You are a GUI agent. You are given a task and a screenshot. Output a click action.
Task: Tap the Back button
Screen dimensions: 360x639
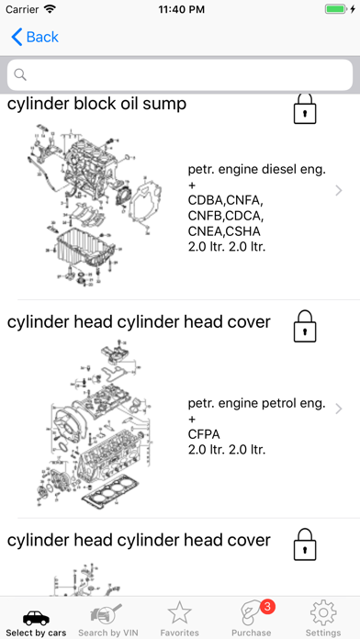[x=35, y=37]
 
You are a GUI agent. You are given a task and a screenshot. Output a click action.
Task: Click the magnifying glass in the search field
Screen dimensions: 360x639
[x=20, y=74]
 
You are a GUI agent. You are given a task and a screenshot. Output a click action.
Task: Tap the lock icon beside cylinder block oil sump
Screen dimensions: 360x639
[x=305, y=109]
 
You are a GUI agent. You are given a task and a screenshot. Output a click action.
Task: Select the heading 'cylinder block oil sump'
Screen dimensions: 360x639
[x=97, y=104]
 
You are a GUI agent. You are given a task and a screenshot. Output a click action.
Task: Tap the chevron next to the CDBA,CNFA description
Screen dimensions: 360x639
[x=338, y=190]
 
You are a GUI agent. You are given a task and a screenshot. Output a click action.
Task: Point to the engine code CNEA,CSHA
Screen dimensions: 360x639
[x=224, y=231]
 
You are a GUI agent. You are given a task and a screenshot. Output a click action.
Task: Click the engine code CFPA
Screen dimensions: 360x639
[x=204, y=434]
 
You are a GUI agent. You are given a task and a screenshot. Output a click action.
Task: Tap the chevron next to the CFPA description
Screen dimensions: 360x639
[x=338, y=409]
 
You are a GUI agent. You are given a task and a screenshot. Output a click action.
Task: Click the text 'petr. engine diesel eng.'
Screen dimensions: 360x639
[x=257, y=170]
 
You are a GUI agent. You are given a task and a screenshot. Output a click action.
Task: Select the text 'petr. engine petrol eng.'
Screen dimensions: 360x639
[x=257, y=403]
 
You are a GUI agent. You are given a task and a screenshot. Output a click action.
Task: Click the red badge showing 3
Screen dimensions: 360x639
[x=267, y=607]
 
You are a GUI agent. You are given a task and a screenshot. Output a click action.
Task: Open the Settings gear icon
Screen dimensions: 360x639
[x=323, y=613]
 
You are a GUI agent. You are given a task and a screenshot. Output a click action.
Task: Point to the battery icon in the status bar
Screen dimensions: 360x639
[x=336, y=9]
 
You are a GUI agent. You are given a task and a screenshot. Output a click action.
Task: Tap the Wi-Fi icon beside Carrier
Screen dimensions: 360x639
[x=51, y=9]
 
